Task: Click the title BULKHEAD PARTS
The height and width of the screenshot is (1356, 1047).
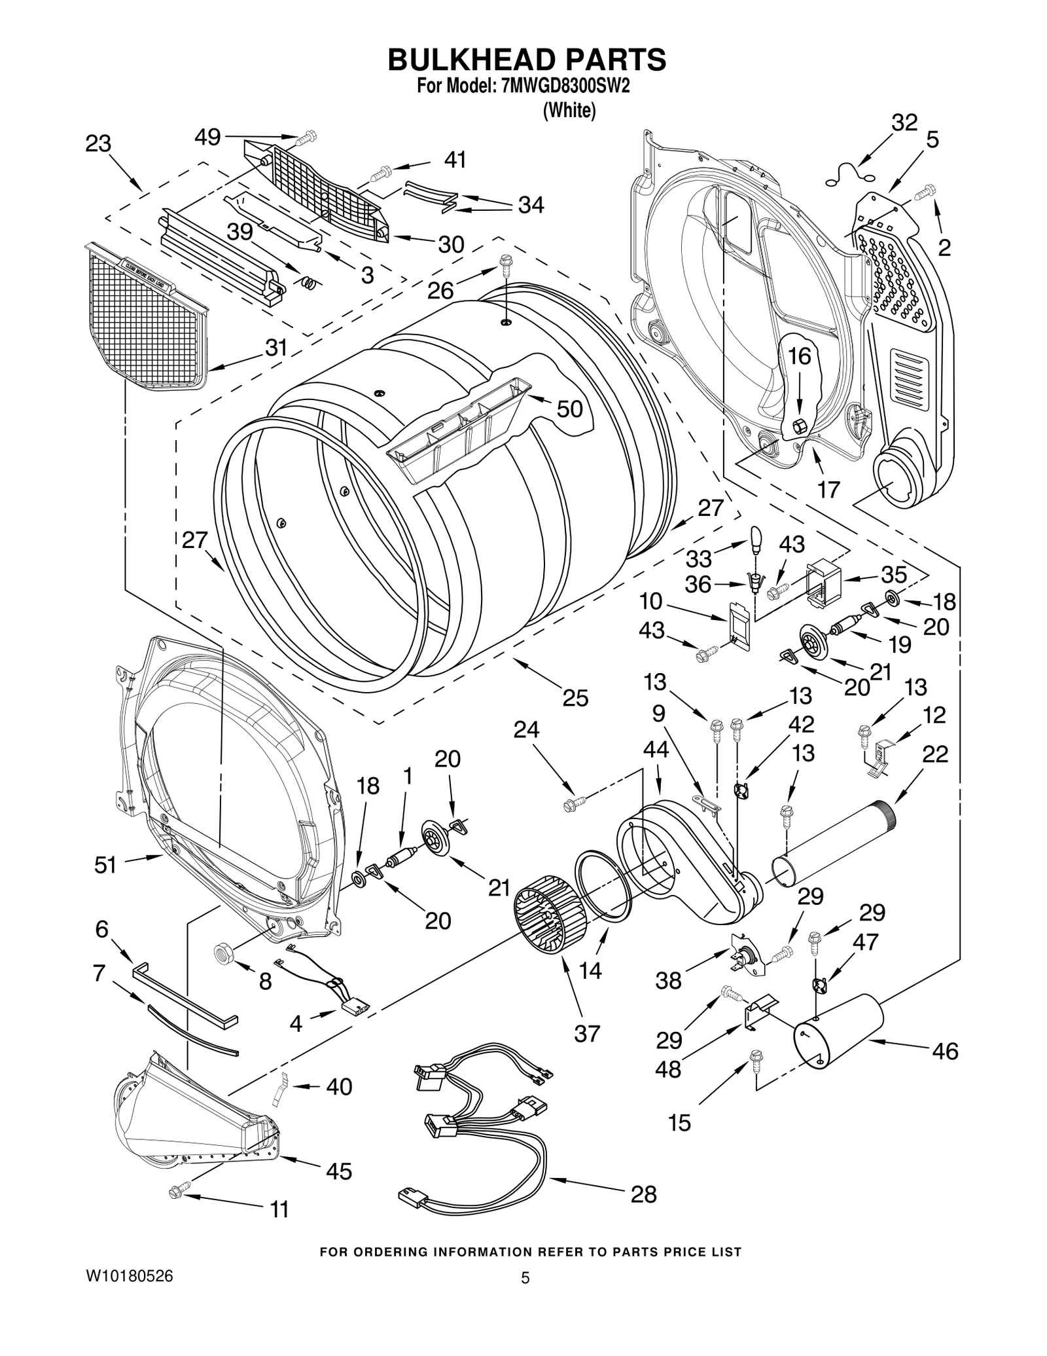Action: click(527, 60)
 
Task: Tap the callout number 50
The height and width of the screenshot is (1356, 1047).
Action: click(569, 409)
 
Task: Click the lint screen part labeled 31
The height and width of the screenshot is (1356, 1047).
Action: click(148, 321)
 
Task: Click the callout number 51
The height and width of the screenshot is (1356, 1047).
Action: click(105, 865)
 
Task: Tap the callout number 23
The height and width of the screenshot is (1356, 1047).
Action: click(98, 144)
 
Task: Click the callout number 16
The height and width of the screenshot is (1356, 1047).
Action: click(798, 356)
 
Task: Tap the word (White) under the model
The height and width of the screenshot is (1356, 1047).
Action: click(569, 111)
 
